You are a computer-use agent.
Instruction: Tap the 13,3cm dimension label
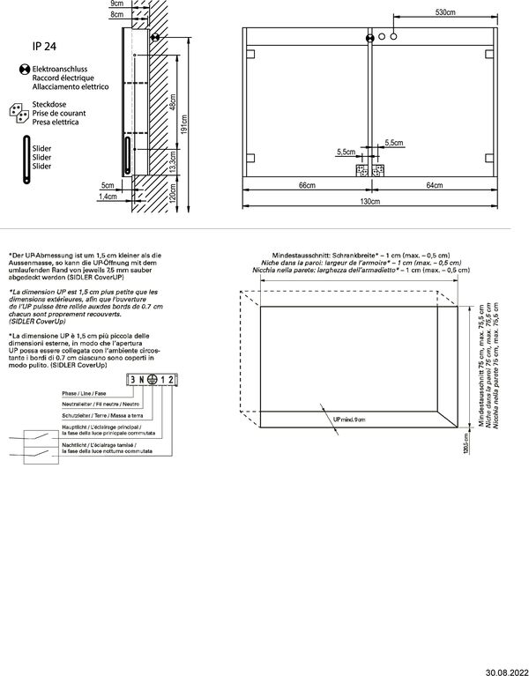(173, 160)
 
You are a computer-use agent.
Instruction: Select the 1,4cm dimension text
(108, 197)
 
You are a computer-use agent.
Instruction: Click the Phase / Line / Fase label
(83, 392)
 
